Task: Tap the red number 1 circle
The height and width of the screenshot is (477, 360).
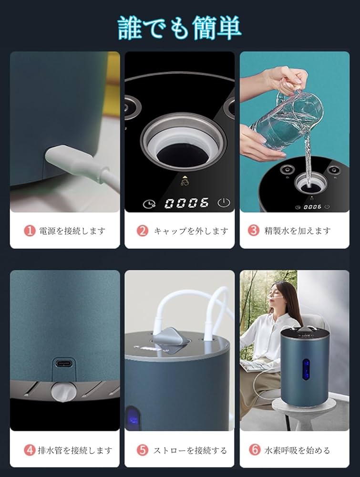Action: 30,231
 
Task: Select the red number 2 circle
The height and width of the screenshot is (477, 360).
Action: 143,231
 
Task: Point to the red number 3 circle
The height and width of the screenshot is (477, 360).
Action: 254,231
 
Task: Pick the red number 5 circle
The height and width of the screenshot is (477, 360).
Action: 143,450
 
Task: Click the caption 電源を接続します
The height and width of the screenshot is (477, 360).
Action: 72,231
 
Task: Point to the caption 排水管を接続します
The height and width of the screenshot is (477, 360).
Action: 75,450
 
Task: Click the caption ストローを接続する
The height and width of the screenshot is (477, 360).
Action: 190,450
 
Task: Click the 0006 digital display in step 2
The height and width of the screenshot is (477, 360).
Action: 186,203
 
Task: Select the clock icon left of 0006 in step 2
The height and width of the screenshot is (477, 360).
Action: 150,203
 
